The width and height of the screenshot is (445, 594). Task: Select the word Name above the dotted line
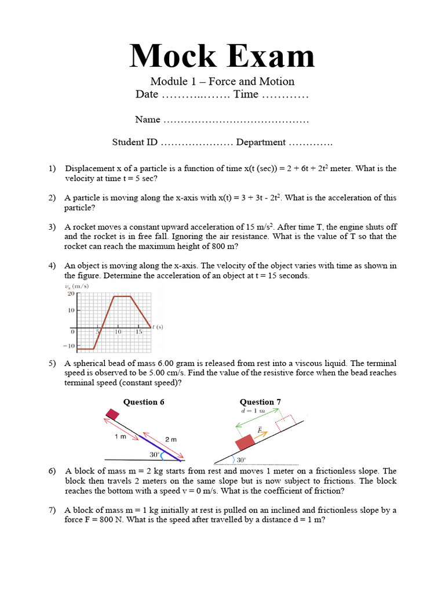pos(147,119)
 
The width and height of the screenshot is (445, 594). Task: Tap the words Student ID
pos(134,142)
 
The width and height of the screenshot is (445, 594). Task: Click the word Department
pos(261,142)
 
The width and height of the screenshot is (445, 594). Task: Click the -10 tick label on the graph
pos(69,346)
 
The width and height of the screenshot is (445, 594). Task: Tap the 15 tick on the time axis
pos(139,331)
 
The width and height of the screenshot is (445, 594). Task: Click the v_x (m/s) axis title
pos(76,287)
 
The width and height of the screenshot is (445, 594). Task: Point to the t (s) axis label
pos(158,327)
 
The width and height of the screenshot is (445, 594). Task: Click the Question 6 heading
pos(144,402)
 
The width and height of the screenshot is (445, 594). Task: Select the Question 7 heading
pos(260,402)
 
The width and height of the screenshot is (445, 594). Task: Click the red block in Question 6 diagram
pos(112,414)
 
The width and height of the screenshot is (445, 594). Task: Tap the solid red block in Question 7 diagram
pos(245,442)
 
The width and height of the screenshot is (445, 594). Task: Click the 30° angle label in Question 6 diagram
pos(154,454)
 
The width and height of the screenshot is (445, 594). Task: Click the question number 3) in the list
pos(52,227)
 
